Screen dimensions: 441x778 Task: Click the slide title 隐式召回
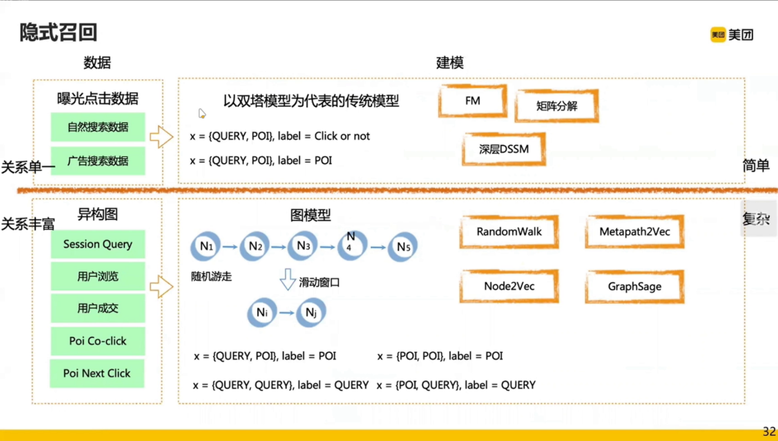coord(58,32)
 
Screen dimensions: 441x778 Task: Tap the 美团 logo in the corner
coord(732,35)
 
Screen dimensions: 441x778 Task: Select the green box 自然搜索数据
coord(98,127)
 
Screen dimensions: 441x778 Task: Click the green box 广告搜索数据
coord(98,161)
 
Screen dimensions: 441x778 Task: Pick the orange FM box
coord(472,101)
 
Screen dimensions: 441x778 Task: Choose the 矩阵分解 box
coord(557,106)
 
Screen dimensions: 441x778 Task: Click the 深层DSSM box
coord(504,149)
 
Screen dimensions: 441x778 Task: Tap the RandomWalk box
coord(509,232)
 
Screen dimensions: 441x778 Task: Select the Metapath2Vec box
coord(634,232)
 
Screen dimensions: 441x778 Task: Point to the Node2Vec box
coord(509,286)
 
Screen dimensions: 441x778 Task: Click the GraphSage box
coord(634,286)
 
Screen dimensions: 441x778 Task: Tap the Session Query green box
coord(98,244)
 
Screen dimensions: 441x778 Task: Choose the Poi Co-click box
coord(98,341)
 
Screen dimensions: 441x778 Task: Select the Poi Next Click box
coord(97,373)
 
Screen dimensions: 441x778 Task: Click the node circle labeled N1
coord(206,246)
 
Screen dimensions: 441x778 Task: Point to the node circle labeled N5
coord(403,247)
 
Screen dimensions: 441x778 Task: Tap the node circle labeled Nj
coord(311,312)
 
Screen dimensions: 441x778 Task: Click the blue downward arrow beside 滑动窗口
coord(288,279)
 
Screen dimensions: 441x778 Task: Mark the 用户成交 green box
coord(98,308)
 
